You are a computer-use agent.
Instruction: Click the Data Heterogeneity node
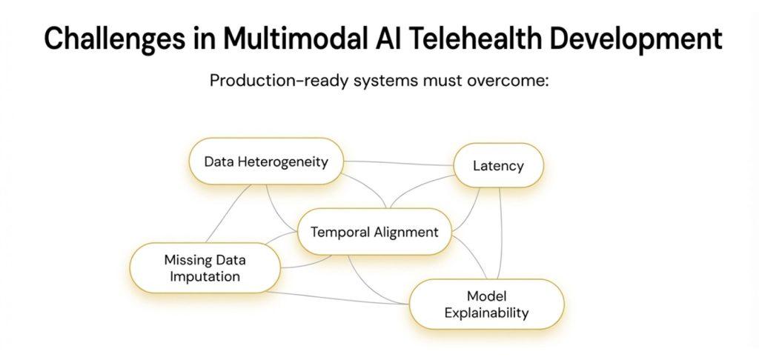(x=266, y=161)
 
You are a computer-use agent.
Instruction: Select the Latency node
(x=498, y=164)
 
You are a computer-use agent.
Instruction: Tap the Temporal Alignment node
(x=374, y=232)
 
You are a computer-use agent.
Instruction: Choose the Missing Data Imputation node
(x=205, y=268)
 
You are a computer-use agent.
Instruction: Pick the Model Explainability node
(x=486, y=304)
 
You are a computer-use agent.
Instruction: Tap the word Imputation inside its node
(x=205, y=277)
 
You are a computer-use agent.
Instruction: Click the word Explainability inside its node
(x=486, y=313)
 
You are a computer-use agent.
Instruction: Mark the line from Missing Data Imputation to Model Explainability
(x=341, y=298)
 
